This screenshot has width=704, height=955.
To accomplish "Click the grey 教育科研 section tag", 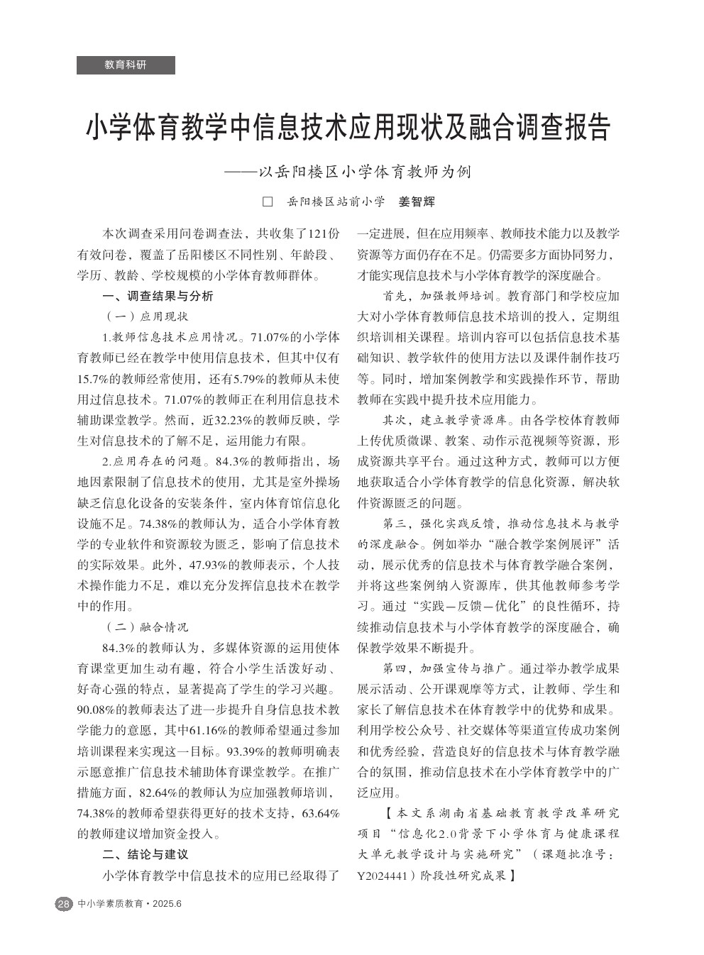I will tap(126, 65).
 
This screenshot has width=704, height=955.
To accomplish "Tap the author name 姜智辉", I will tap(417, 202).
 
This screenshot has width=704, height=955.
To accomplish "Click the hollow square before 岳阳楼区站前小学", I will tap(268, 202).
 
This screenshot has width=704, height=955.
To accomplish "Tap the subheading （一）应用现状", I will tap(147, 316).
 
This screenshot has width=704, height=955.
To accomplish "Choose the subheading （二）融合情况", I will tap(147, 627).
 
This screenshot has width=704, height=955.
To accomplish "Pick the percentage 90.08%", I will tap(98, 710).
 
